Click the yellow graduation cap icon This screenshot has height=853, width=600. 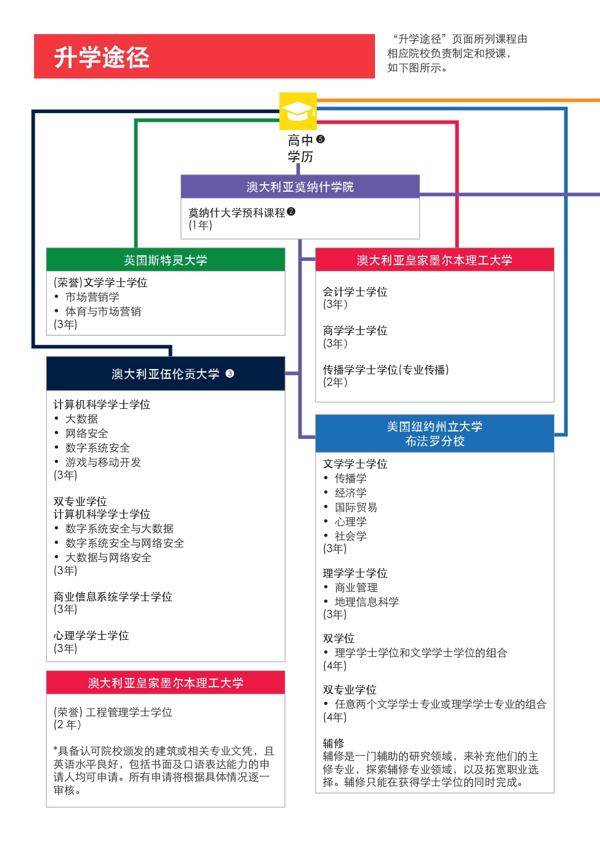[x=298, y=111]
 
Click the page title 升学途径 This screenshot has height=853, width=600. [x=102, y=57]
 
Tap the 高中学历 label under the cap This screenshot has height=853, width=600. [x=301, y=148]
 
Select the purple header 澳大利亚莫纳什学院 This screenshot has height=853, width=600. [x=300, y=187]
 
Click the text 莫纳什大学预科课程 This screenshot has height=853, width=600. [x=237, y=213]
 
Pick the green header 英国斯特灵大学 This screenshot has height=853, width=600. [x=166, y=260]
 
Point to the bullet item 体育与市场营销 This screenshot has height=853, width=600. [x=103, y=312]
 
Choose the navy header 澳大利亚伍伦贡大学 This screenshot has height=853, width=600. [x=165, y=374]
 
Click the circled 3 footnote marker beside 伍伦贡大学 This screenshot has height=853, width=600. [x=230, y=374]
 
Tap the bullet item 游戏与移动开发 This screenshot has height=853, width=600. [x=103, y=463]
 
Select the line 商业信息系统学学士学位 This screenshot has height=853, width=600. [x=113, y=597]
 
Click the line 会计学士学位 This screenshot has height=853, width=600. [x=355, y=292]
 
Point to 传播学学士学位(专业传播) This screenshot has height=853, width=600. [x=386, y=370]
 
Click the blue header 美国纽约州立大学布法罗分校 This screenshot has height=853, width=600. [x=434, y=434]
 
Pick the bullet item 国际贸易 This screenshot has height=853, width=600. [x=356, y=508]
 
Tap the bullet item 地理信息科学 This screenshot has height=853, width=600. [x=367, y=602]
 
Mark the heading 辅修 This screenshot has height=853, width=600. [x=333, y=743]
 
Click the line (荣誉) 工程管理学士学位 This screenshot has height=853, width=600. [x=113, y=713]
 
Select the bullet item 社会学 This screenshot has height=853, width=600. [x=351, y=537]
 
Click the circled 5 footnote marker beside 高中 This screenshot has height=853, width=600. [x=321, y=139]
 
